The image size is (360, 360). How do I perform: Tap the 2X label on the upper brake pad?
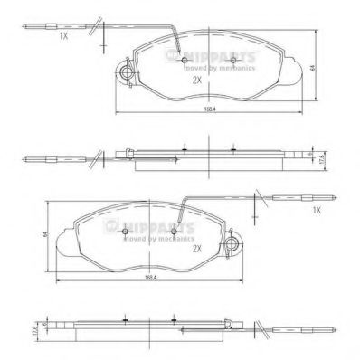[195, 80]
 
